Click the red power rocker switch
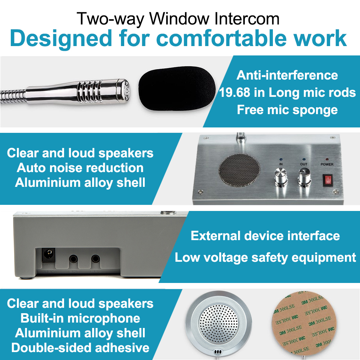[x=327, y=180]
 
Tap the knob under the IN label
[x=280, y=177]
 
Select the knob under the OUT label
[x=303, y=177]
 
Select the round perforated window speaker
[x=214, y=323]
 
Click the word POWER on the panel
[x=327, y=165]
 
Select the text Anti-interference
[x=287, y=76]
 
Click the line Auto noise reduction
[x=80, y=168]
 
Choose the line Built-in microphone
[x=80, y=318]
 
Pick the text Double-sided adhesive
[x=80, y=348]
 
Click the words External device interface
[x=265, y=236]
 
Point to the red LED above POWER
[x=327, y=159]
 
